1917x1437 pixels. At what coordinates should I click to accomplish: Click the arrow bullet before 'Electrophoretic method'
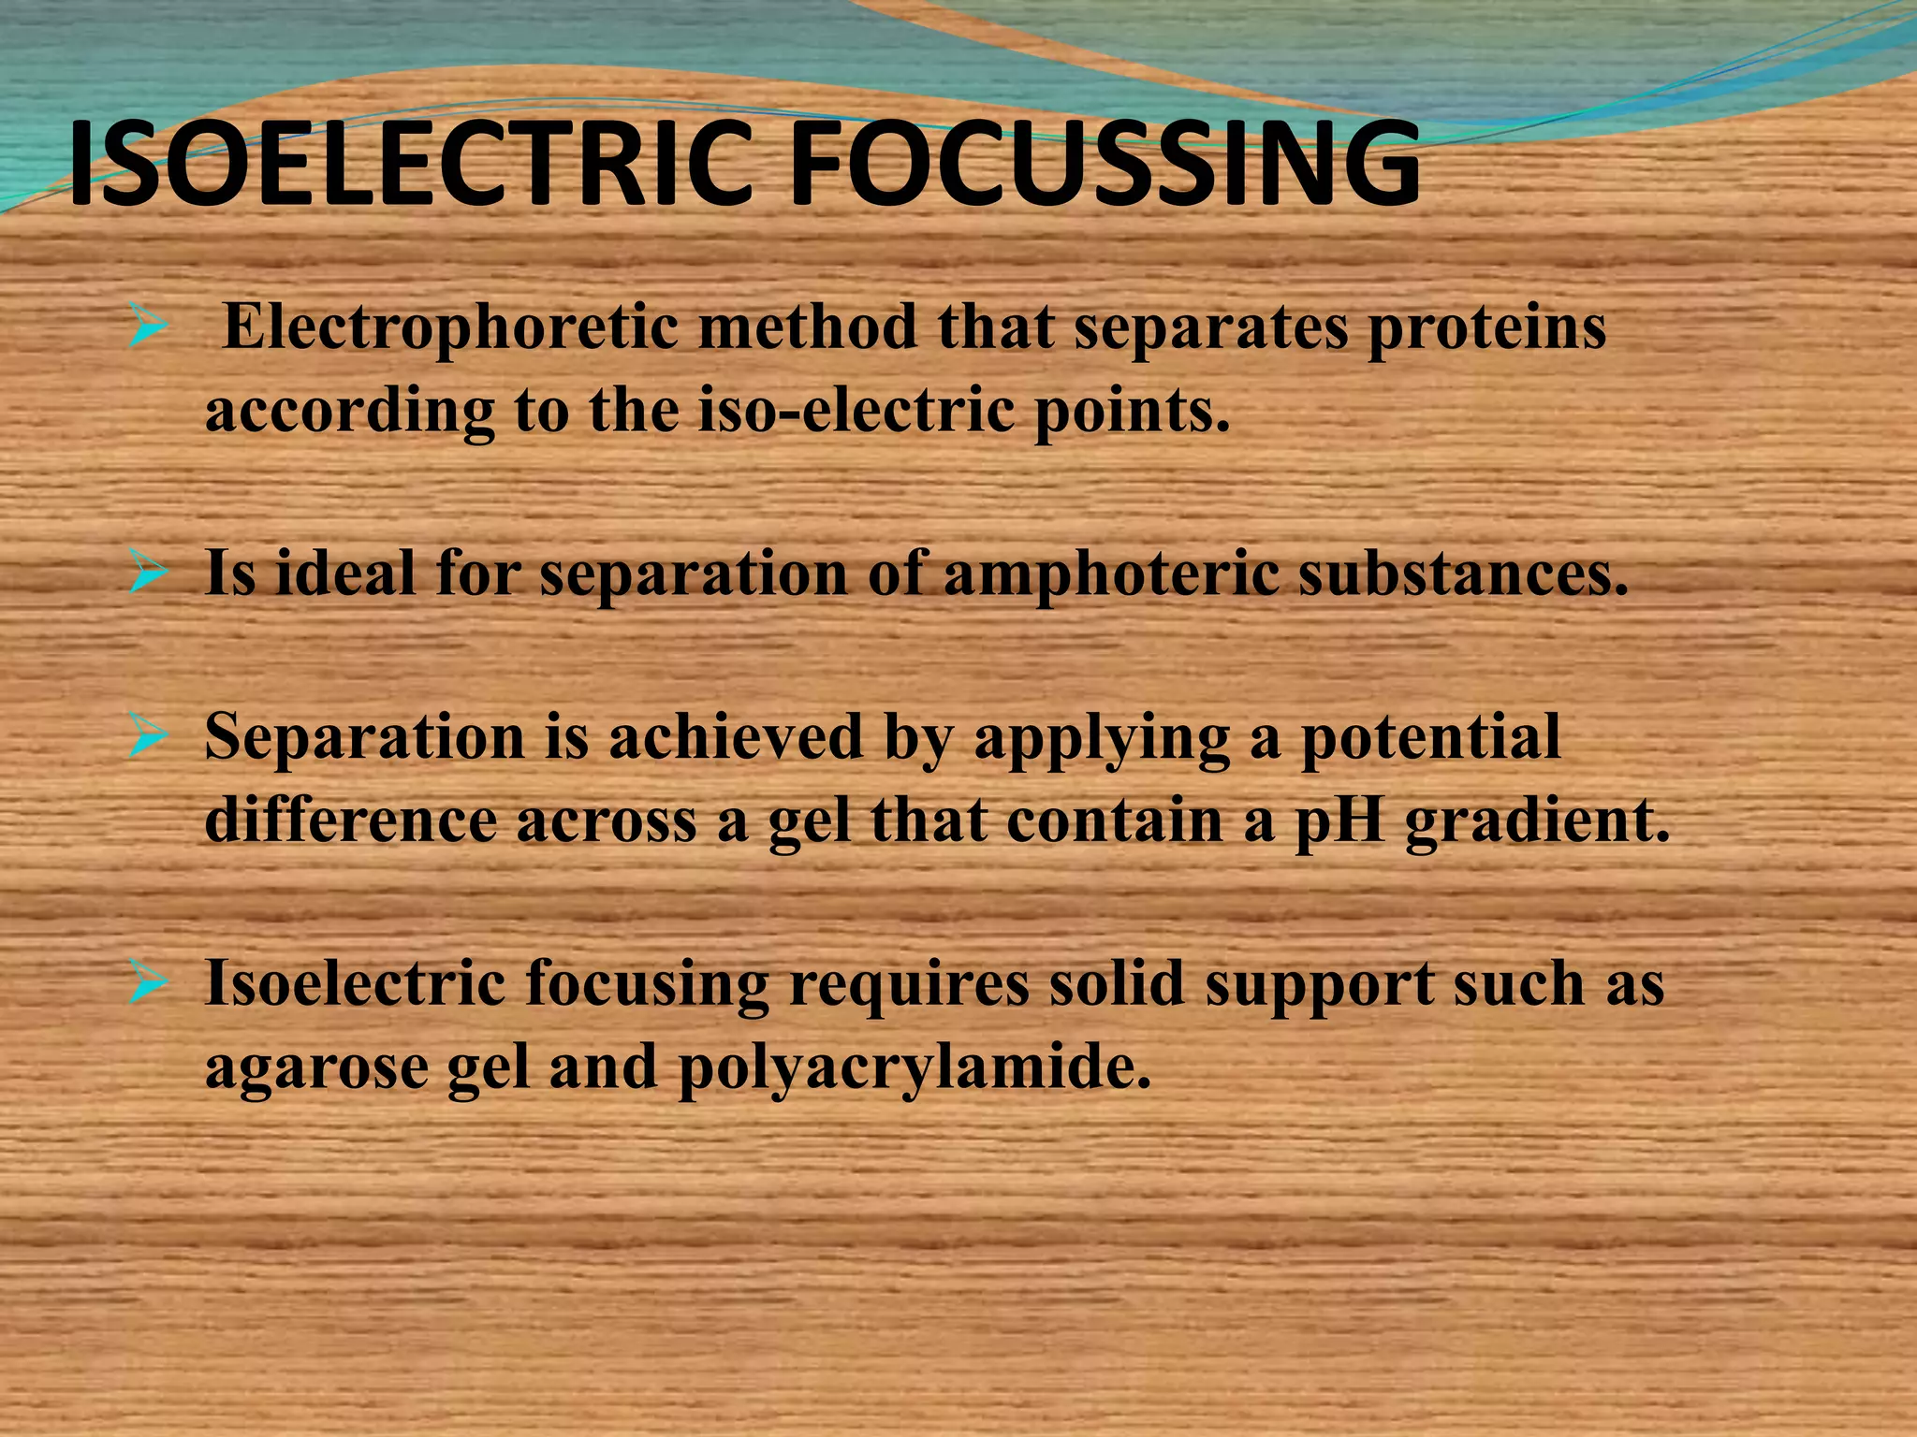(x=149, y=328)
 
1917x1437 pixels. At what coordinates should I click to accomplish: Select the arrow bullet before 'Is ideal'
(x=149, y=573)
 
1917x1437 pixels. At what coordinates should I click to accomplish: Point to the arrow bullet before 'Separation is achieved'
(x=149, y=737)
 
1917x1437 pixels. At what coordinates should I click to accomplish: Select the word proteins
(x=1486, y=330)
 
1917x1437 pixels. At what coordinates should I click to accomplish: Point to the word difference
(x=350, y=820)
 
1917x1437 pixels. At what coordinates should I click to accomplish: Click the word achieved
(x=736, y=737)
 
